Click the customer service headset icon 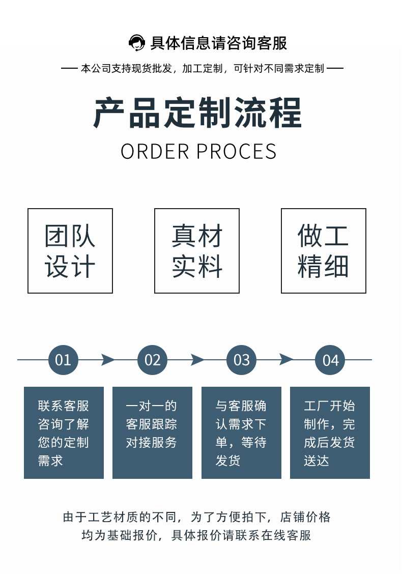click(x=136, y=43)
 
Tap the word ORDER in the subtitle click(x=155, y=152)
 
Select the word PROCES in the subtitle click(x=237, y=152)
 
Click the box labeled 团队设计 click(x=70, y=251)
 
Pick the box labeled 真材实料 click(x=197, y=251)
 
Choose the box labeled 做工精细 click(x=324, y=251)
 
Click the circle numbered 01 click(x=63, y=360)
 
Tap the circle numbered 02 click(x=152, y=360)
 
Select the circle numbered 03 click(x=241, y=360)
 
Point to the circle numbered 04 click(x=330, y=360)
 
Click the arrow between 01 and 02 click(x=108, y=360)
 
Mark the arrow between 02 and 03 click(x=197, y=360)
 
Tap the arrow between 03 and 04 click(x=286, y=360)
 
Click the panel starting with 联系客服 click(x=64, y=433)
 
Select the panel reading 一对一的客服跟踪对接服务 click(x=152, y=433)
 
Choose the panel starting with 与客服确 click(x=241, y=433)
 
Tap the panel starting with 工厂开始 click(x=330, y=433)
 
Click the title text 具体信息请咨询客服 click(x=219, y=43)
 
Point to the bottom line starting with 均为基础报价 click(x=197, y=535)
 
